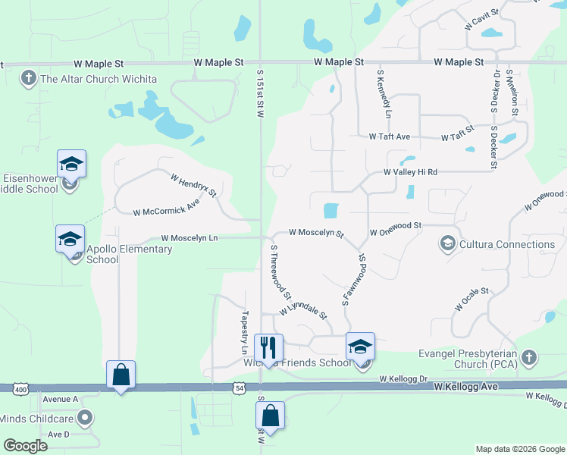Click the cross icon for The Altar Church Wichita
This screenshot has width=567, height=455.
coord(29,78)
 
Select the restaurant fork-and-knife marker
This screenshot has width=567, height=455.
coord(268,348)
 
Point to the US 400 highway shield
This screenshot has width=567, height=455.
coord(20,388)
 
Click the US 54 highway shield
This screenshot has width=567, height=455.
coord(240,388)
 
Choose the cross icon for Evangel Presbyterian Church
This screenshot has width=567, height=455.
coord(529,356)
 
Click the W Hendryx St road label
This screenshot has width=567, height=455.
coord(193,187)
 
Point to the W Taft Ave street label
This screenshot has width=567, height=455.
coord(390,136)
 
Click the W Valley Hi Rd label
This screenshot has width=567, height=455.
coord(411,172)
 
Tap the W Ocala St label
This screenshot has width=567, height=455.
coord(473,298)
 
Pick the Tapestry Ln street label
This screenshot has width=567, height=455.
coord(244,331)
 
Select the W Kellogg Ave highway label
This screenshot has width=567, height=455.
coord(465,387)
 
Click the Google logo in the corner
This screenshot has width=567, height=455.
coord(26,445)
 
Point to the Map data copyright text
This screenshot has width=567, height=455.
coord(519,449)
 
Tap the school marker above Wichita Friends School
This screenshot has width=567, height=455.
coord(360,347)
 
